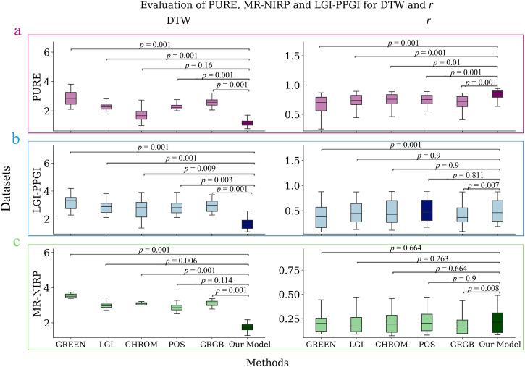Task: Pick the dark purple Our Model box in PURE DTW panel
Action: (x=248, y=123)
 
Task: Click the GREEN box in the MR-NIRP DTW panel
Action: (x=71, y=295)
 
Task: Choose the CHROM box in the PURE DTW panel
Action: (x=142, y=114)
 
